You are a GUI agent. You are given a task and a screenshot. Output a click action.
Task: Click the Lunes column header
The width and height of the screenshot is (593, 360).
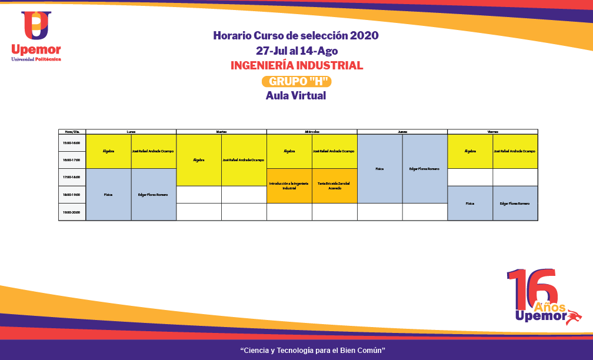(131, 132)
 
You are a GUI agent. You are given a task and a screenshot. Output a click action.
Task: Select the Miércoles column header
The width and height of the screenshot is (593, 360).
(312, 132)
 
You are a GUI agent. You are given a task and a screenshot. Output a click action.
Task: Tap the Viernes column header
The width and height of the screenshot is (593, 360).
(492, 132)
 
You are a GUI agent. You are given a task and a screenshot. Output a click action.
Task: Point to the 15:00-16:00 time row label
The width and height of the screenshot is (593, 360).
(72, 143)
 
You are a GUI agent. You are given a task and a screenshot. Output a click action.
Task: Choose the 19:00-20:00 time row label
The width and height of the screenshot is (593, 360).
(72, 212)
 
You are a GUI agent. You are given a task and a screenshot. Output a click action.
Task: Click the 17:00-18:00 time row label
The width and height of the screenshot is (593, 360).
(72, 177)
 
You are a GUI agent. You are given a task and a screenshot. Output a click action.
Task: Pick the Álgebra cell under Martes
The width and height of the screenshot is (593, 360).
(199, 160)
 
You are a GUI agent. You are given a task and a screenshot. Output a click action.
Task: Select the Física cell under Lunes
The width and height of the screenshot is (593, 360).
(108, 195)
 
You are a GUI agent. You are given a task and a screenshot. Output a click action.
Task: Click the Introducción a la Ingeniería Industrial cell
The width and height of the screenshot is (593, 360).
(289, 186)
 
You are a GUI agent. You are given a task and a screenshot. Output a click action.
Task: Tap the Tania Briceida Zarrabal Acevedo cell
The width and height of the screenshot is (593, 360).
(334, 186)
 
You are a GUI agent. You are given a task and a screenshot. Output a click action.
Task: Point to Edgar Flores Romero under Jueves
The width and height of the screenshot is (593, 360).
(425, 169)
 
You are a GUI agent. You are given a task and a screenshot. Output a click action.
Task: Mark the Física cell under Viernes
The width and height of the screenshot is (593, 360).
(470, 204)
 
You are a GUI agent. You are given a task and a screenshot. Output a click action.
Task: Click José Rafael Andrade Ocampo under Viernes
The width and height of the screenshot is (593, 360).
(515, 151)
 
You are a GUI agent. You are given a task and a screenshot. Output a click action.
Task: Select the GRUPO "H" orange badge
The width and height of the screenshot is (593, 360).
(296, 81)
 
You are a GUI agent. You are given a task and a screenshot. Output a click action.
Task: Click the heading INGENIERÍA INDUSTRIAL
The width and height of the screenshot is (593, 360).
(296, 65)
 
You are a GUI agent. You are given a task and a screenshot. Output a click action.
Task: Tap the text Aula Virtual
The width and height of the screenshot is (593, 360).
(296, 95)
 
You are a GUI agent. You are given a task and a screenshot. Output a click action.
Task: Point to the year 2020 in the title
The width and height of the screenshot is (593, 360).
(364, 36)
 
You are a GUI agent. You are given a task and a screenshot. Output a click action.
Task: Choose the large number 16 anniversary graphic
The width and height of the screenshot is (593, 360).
(532, 288)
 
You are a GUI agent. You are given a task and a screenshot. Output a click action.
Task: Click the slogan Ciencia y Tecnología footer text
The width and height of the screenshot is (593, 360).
(312, 351)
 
